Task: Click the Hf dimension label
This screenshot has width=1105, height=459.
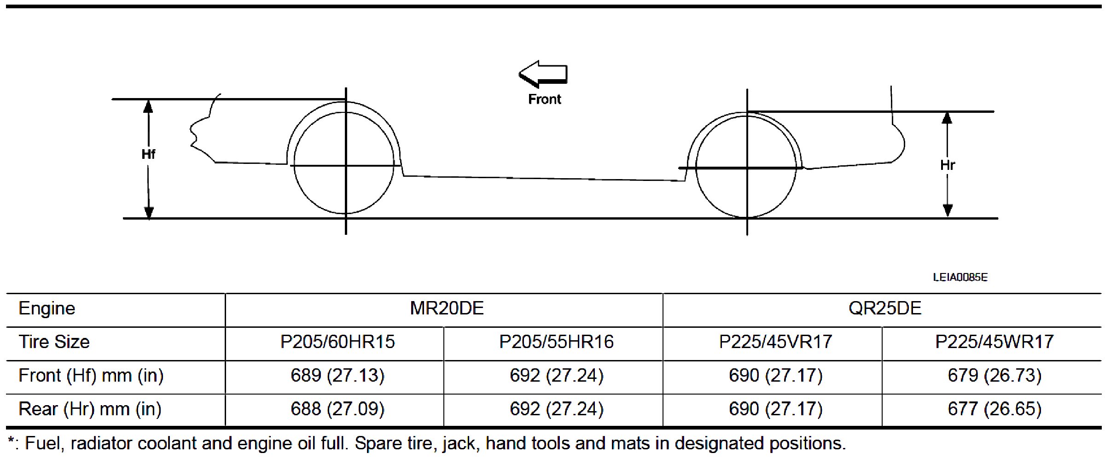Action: coord(148,154)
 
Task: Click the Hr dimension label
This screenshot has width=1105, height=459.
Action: coord(948,165)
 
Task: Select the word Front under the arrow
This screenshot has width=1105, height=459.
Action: coord(545,99)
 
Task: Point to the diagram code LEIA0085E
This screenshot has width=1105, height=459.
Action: coord(960,277)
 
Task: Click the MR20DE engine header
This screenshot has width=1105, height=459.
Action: coord(447,308)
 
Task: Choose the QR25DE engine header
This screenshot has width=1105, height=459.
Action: coord(885,308)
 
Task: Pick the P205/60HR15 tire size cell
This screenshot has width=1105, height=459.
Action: coord(337,342)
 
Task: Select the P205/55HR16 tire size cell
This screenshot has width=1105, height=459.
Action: coord(556,342)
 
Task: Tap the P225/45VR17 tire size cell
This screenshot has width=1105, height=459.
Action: coord(775,342)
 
